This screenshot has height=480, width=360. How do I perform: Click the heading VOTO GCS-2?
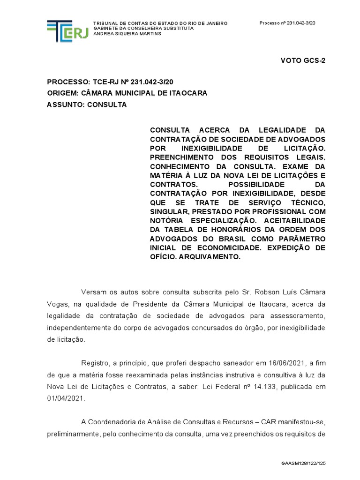(303, 60)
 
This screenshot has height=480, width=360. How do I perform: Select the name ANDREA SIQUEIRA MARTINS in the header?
(127, 34)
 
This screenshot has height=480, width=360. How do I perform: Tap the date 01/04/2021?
(66, 399)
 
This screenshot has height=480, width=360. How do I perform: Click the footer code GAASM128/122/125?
(303, 463)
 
